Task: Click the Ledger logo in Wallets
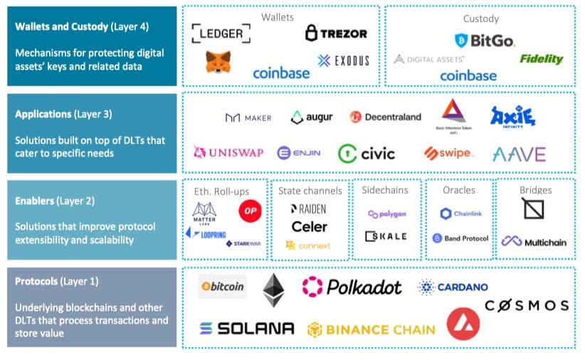click(221, 33)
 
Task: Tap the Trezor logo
click(336, 33)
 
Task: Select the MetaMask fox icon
click(218, 63)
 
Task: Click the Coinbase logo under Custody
click(468, 75)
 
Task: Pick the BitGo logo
click(484, 41)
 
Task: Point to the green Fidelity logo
click(541, 59)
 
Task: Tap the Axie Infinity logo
click(512, 117)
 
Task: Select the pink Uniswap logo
click(228, 152)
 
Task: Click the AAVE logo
click(519, 154)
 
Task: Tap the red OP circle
click(250, 210)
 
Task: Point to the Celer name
click(309, 226)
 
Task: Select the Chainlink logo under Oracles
click(460, 213)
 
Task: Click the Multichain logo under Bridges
click(534, 242)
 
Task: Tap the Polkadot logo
click(352, 287)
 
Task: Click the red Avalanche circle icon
click(463, 323)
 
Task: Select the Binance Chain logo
click(371, 329)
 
